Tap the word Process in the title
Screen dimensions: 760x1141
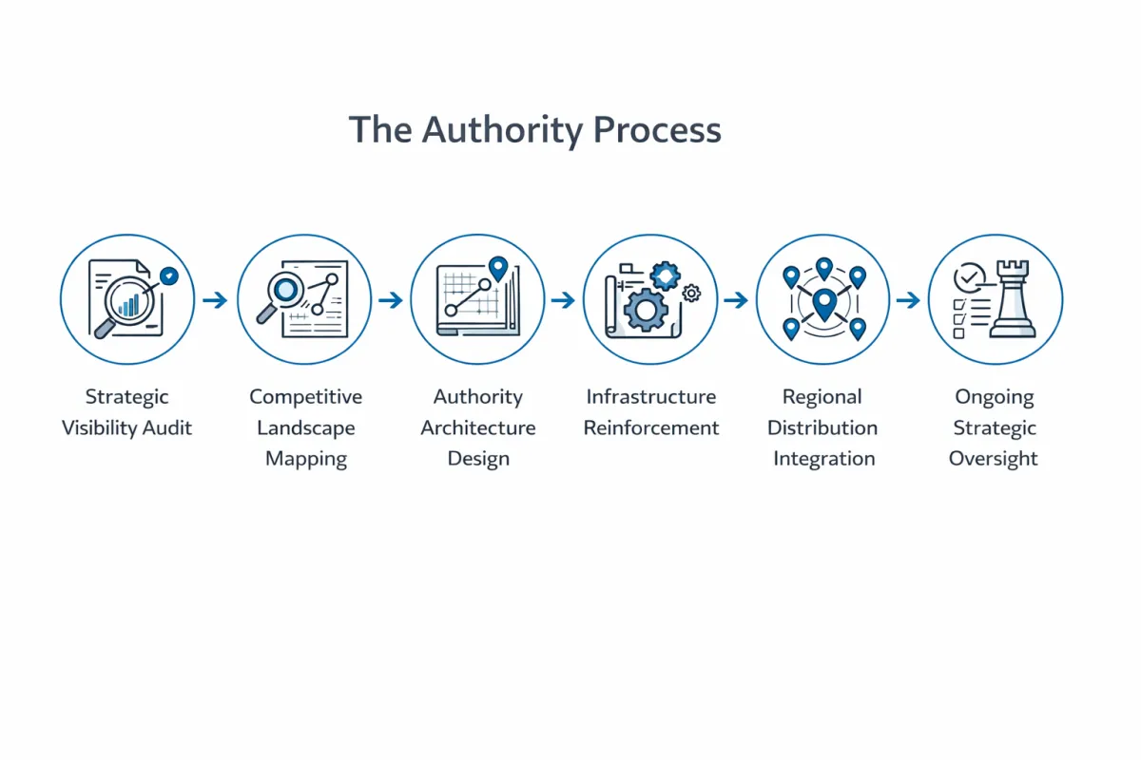pyautogui.click(x=657, y=130)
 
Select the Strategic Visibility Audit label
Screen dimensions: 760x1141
pyautogui.click(x=126, y=412)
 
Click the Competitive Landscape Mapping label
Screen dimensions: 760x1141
pyautogui.click(x=305, y=427)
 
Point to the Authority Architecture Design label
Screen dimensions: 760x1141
pyautogui.click(x=478, y=427)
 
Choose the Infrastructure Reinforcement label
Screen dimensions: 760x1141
pyautogui.click(x=651, y=412)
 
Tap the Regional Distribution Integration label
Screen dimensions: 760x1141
pyautogui.click(x=823, y=427)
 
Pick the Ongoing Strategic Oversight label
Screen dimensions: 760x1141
pyautogui.click(x=995, y=427)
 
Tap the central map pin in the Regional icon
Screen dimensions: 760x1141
pyautogui.click(x=823, y=303)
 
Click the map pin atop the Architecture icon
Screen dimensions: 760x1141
pyautogui.click(x=497, y=267)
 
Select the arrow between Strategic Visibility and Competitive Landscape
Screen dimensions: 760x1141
pyautogui.click(x=216, y=300)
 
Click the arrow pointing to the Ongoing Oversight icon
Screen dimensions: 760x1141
pyautogui.click(x=909, y=300)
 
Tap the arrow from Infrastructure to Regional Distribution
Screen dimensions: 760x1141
pyautogui.click(x=736, y=300)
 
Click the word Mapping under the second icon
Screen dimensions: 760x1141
pyautogui.click(x=305, y=459)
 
